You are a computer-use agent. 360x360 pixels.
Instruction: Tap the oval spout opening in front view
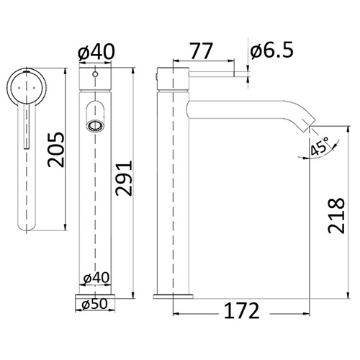tap(94, 125)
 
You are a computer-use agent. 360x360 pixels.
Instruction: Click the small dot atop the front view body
tap(94, 73)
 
